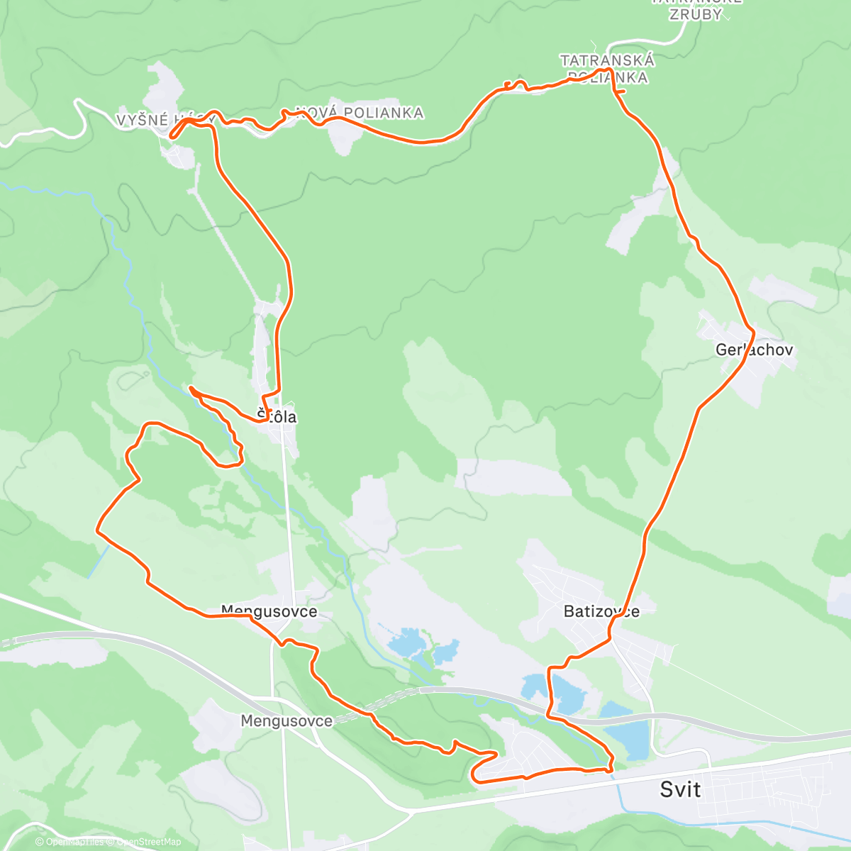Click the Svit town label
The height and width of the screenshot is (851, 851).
[x=680, y=789]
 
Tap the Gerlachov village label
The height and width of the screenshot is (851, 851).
[x=754, y=350]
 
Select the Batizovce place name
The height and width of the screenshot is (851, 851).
[x=601, y=611]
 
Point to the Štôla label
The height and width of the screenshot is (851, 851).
[x=277, y=417]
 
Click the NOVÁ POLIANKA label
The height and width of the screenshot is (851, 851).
[x=360, y=113]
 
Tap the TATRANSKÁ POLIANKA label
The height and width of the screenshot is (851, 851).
[x=607, y=69]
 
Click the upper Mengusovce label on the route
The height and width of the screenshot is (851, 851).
[x=269, y=611]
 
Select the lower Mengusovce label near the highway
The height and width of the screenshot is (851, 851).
[x=286, y=721]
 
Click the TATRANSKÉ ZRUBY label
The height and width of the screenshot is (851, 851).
[x=696, y=9]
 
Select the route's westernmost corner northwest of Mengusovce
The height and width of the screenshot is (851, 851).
[x=98, y=529]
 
